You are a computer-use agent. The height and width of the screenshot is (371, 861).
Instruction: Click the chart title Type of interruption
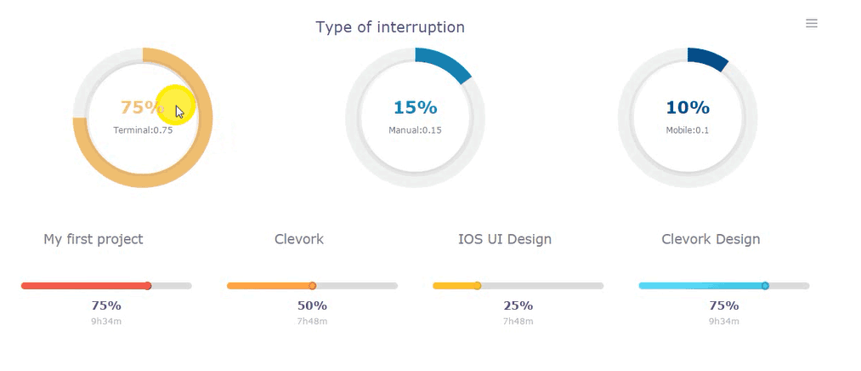[390, 27]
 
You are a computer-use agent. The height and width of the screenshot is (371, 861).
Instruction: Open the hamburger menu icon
[812, 23]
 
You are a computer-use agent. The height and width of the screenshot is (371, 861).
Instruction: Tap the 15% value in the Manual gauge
[415, 108]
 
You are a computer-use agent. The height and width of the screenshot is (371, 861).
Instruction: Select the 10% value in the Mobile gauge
[688, 108]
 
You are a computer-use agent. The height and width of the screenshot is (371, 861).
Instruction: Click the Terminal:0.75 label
[143, 130]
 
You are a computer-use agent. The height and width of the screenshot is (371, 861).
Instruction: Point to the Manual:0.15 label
[415, 130]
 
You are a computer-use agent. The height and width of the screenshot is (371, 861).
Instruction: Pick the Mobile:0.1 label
[688, 130]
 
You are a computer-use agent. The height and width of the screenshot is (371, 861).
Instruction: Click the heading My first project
[93, 239]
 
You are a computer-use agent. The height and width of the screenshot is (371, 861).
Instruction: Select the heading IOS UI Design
[505, 239]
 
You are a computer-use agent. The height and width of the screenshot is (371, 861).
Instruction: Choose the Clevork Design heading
[711, 239]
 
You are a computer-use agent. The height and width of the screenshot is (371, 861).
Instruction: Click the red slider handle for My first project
[148, 286]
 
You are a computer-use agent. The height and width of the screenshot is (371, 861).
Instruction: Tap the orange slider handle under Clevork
[313, 286]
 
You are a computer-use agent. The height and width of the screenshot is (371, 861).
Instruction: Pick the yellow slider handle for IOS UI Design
[477, 286]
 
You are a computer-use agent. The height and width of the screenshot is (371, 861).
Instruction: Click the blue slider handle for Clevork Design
[765, 286]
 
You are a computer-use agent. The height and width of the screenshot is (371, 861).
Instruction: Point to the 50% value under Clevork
[313, 305]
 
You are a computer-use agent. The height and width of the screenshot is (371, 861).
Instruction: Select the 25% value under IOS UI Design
[518, 305]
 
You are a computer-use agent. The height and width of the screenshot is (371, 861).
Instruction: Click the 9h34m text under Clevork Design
[724, 322]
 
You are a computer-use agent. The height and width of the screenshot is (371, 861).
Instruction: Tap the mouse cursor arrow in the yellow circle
[179, 112]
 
